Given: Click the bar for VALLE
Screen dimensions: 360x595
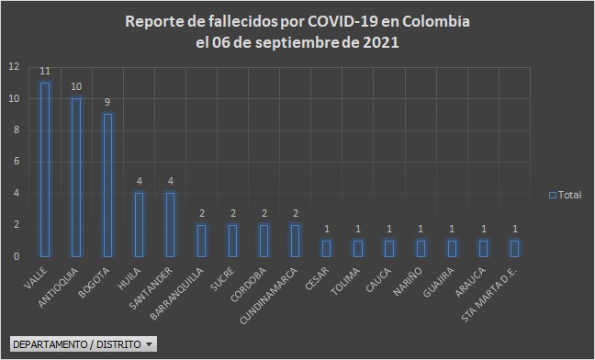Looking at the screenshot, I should (44, 169).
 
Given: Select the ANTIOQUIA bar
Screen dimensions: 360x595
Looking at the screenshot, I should (75, 177).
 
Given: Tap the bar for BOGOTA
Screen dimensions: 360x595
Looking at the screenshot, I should (107, 185).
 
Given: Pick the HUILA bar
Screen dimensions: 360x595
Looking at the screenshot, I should (139, 224).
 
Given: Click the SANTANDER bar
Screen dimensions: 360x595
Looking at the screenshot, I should (170, 224).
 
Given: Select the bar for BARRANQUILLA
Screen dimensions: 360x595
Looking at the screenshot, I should (201, 240).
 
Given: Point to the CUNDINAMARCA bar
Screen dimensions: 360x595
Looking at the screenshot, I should (295, 240).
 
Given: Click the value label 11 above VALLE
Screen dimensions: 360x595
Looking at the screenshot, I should (44, 72).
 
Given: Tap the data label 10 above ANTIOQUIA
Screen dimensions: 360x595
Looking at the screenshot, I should (75, 87).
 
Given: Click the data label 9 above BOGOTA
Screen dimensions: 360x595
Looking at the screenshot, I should (107, 103).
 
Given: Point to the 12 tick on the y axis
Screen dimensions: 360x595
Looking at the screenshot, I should (13, 67).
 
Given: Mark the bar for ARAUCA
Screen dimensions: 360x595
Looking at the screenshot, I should (483, 248).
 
